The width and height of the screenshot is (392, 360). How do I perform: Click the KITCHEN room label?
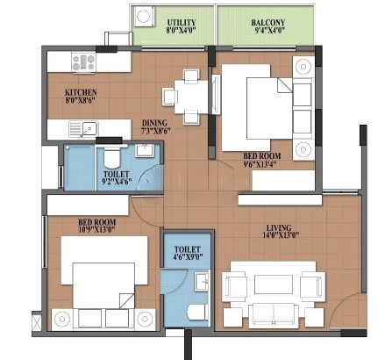(x=81, y=92)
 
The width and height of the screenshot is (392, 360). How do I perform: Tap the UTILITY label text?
(x=182, y=23)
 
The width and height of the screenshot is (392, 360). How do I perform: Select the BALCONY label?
(x=268, y=23)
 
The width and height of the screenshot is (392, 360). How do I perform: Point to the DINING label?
(x=154, y=123)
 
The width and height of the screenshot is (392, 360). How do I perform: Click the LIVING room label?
(x=279, y=227)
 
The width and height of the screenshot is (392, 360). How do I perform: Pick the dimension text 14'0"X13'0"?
(x=279, y=234)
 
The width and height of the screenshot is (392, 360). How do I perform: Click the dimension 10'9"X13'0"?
(x=96, y=229)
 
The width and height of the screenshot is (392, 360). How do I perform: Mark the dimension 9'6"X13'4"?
(x=260, y=164)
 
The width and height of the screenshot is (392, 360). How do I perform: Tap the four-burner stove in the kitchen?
(x=84, y=62)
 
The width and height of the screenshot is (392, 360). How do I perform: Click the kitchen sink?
(x=83, y=129)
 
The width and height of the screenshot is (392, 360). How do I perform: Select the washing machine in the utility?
(x=144, y=17)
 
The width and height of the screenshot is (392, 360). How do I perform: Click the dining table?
(x=191, y=97)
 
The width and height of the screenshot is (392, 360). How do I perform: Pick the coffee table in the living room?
(x=274, y=284)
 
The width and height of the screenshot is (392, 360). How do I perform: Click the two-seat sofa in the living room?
(x=274, y=314)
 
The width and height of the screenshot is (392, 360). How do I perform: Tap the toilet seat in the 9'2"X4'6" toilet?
(x=112, y=156)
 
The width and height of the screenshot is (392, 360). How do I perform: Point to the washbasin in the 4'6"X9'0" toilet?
(x=202, y=281)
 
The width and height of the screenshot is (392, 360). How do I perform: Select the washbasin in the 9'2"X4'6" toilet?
(x=144, y=150)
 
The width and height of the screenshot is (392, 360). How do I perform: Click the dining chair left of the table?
(x=170, y=97)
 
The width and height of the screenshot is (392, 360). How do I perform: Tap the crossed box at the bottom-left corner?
(x=37, y=321)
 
